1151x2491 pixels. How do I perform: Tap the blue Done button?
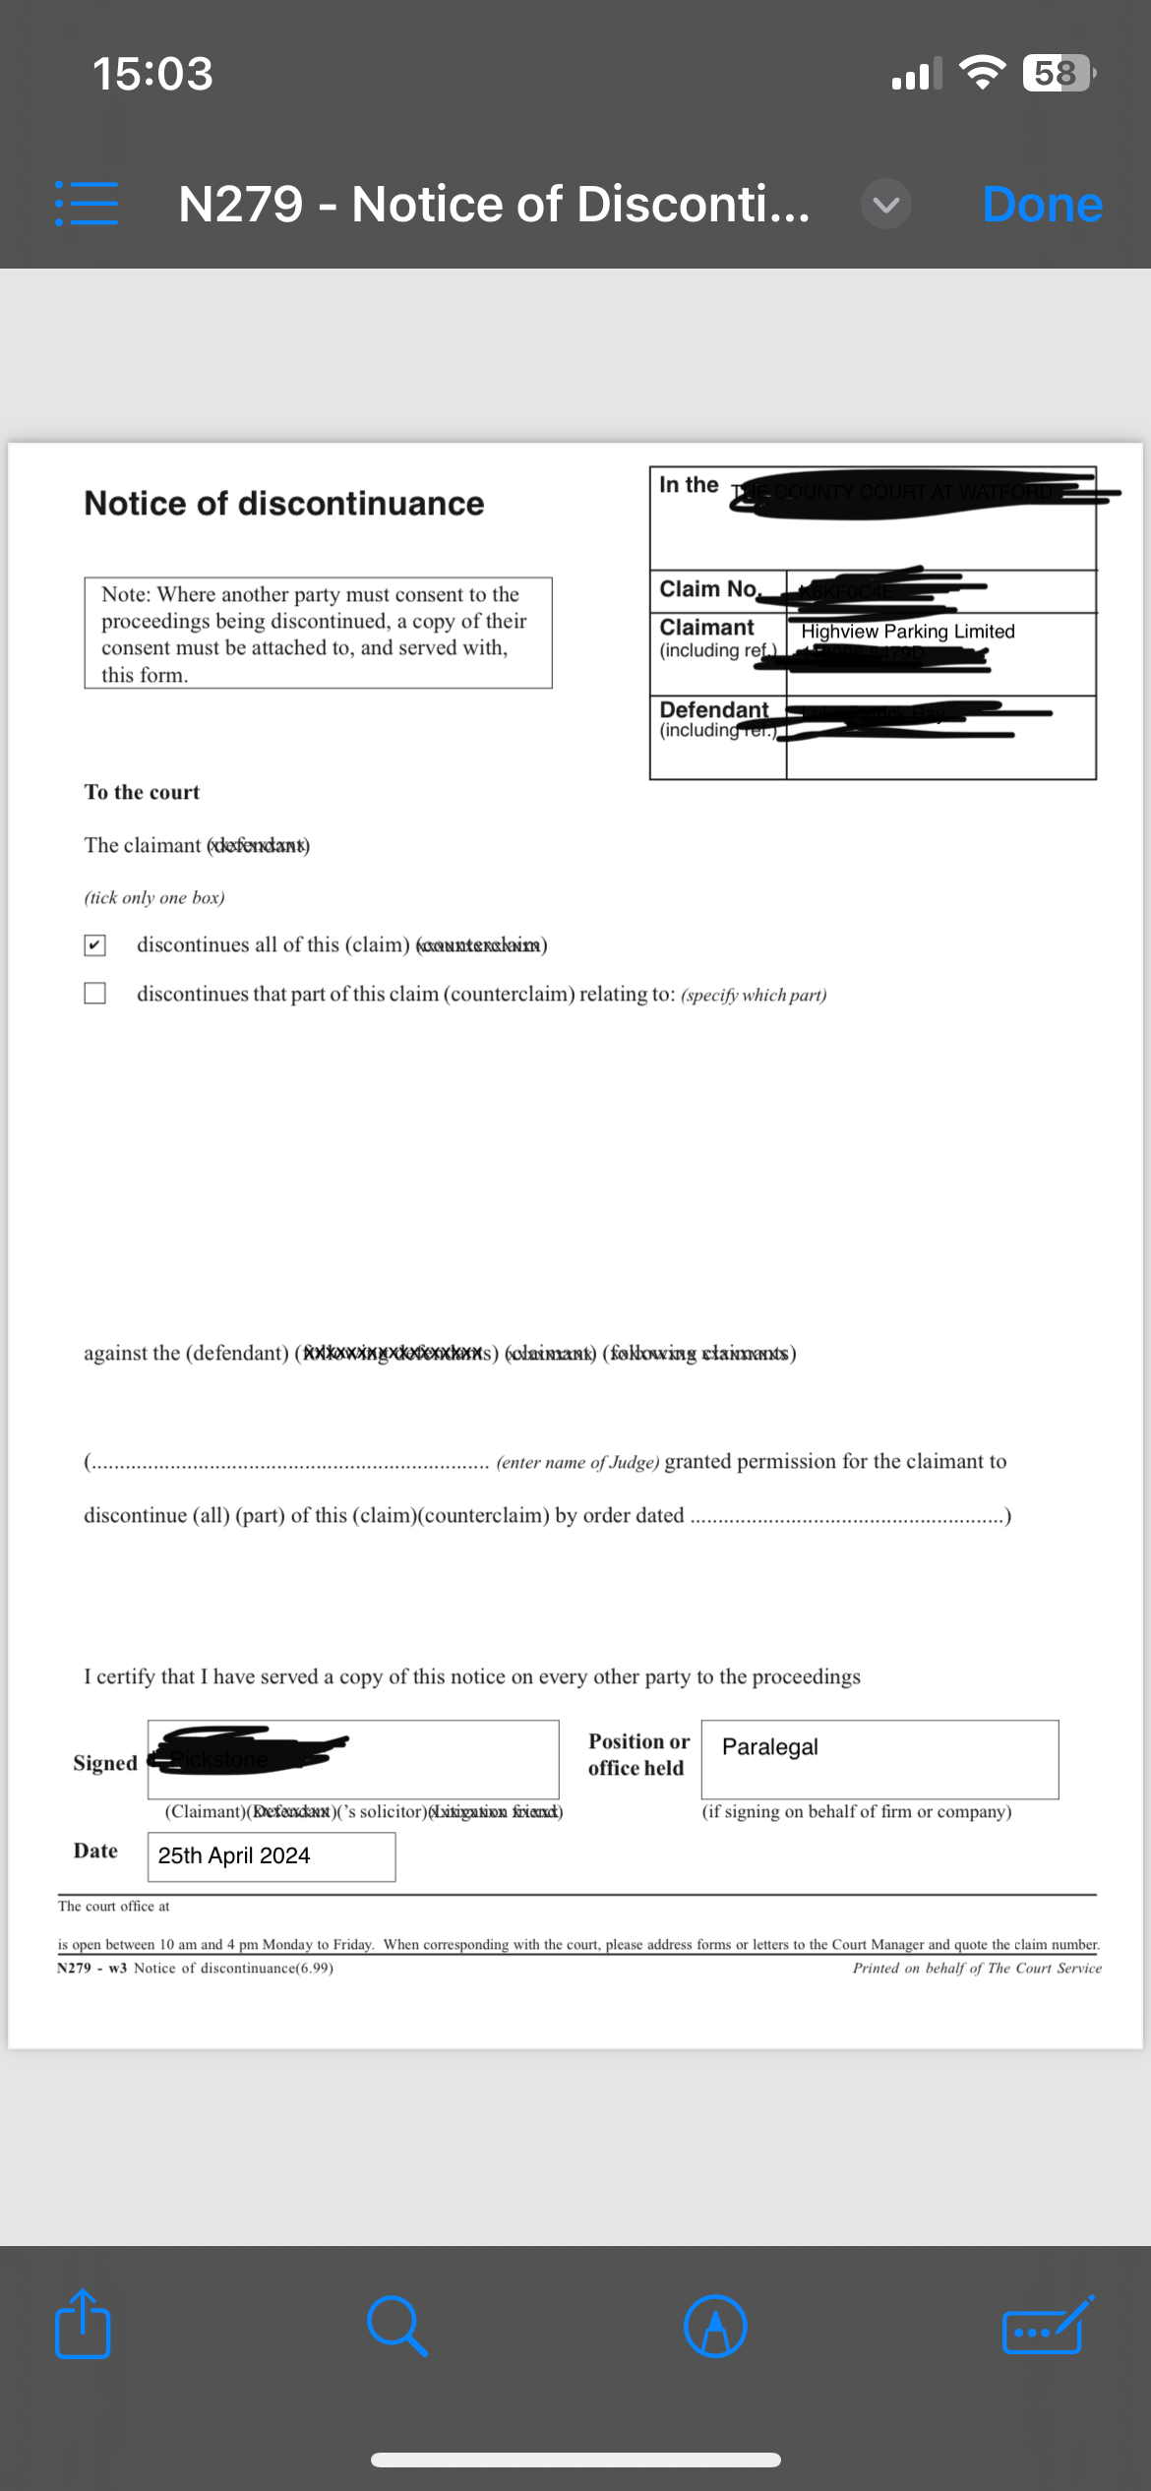(x=1042, y=205)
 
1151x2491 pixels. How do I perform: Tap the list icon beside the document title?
(x=87, y=204)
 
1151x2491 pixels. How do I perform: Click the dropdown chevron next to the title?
(x=885, y=205)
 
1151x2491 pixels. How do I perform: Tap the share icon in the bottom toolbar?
(x=83, y=2325)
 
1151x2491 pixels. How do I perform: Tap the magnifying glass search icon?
(x=396, y=2326)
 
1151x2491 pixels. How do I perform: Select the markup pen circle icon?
(x=715, y=2326)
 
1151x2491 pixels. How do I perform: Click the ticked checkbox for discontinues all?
(x=95, y=945)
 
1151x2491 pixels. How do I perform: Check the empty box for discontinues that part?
(x=95, y=993)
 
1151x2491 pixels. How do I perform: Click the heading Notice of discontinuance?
(x=284, y=504)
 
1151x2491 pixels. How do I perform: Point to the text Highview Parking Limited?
(x=907, y=632)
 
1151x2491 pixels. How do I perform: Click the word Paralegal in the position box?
(x=769, y=1746)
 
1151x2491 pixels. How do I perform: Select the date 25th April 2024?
(x=234, y=1855)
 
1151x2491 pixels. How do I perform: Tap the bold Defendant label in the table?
(x=714, y=709)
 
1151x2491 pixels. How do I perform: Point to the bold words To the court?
(x=142, y=792)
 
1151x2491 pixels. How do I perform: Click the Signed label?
(x=105, y=1763)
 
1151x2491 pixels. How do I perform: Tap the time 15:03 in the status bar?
(x=152, y=74)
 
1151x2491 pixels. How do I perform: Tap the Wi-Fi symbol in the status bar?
(x=981, y=73)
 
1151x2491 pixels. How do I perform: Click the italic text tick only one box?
(x=154, y=897)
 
